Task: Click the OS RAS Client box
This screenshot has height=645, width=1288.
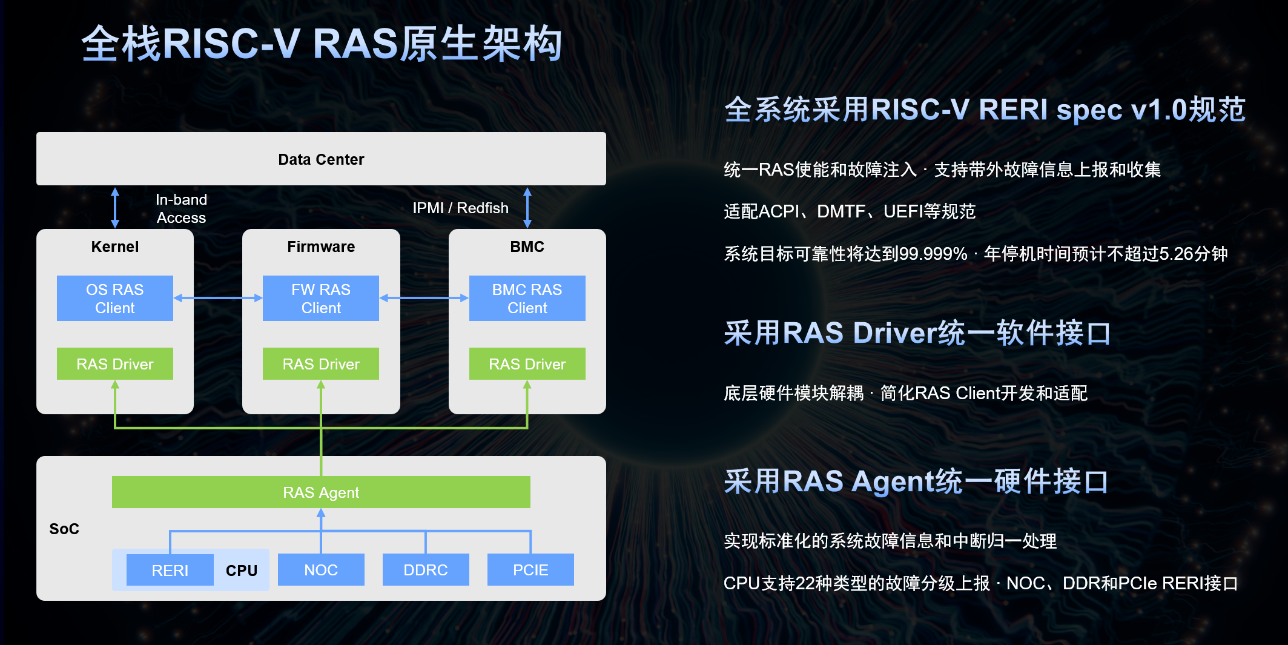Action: (x=115, y=298)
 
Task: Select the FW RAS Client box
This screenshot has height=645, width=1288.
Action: (x=321, y=298)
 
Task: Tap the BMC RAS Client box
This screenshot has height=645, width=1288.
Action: (x=527, y=298)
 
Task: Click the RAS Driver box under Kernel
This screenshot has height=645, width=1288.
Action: (x=115, y=364)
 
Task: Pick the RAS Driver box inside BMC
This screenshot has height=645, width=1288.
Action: (x=527, y=364)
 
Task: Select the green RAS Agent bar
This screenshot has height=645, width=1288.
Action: (x=321, y=492)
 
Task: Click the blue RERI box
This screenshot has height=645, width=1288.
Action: (x=170, y=570)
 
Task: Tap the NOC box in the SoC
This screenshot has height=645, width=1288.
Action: (x=321, y=570)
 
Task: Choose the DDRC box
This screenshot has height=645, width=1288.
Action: (x=426, y=570)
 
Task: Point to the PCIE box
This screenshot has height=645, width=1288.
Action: (x=530, y=570)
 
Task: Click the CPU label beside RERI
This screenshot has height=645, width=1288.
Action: (x=242, y=571)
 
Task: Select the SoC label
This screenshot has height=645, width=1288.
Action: (x=64, y=529)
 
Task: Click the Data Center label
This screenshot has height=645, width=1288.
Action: (x=321, y=159)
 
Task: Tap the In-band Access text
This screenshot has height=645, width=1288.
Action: (x=181, y=208)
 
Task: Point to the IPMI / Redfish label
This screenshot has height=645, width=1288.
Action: (x=460, y=208)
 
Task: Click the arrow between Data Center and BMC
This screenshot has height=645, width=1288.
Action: (x=527, y=208)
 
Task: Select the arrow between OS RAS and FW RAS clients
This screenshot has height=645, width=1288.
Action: (x=218, y=298)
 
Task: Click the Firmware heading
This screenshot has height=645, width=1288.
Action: (x=321, y=246)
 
